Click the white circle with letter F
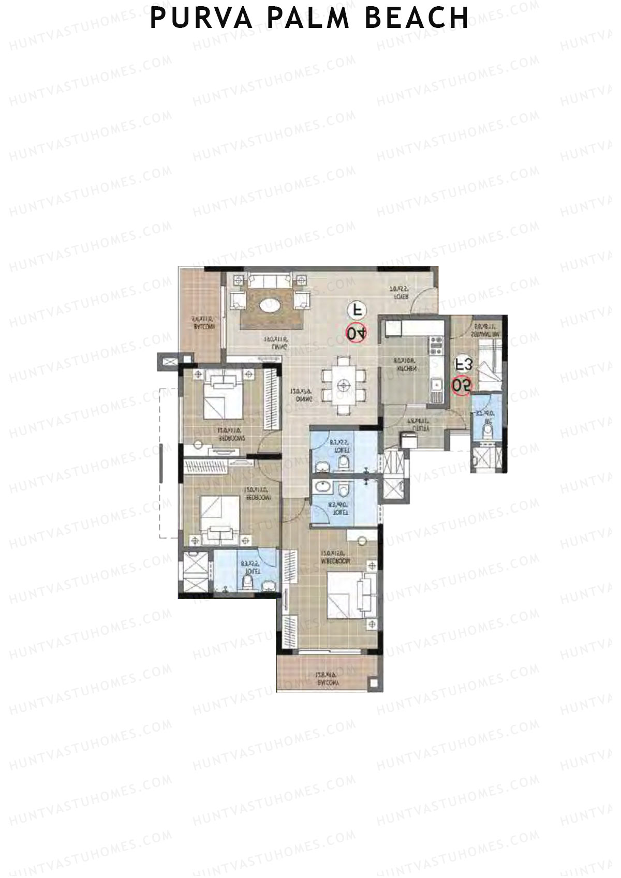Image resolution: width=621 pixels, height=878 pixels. pos(357,310)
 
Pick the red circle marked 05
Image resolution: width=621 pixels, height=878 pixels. pos(461,385)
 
